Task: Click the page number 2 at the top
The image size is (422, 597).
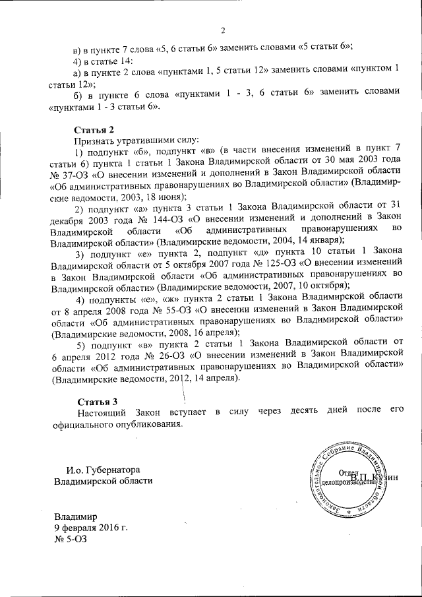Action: click(223, 30)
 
